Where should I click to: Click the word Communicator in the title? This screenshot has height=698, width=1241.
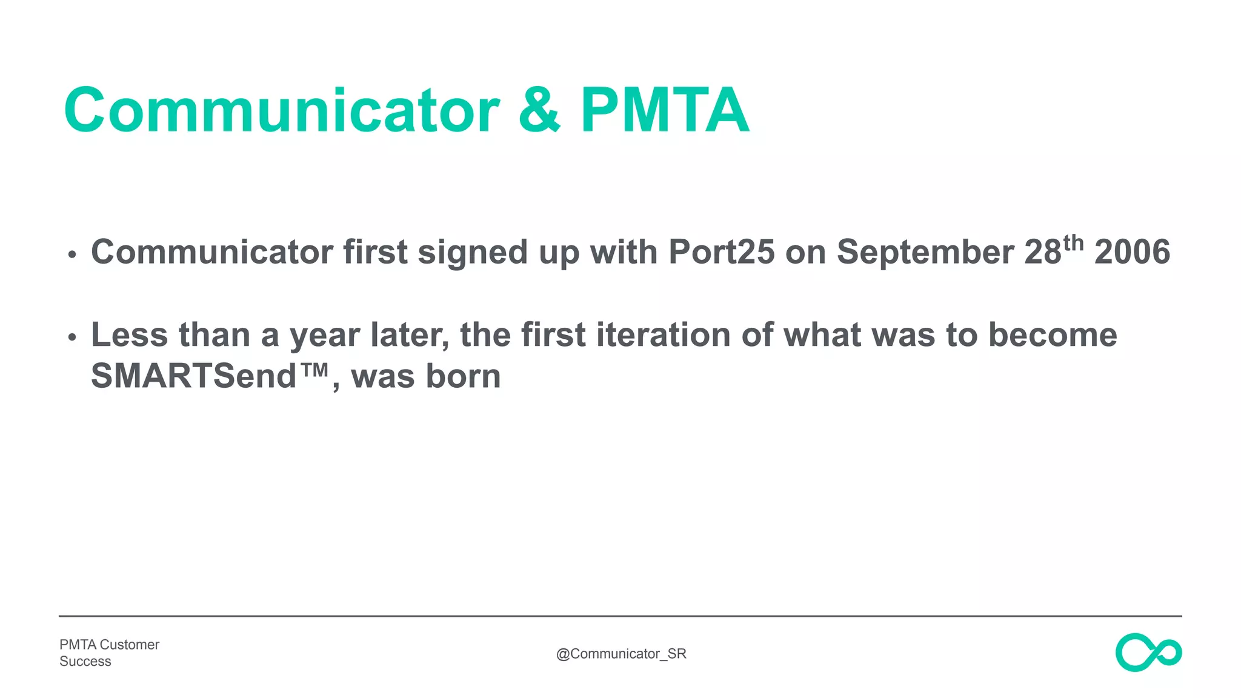coord(282,110)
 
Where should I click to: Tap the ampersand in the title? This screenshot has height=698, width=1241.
coord(539,110)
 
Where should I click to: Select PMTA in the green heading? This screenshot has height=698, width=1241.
coord(665,110)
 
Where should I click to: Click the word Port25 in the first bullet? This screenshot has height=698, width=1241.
coord(721,252)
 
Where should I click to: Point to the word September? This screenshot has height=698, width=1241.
coord(925,252)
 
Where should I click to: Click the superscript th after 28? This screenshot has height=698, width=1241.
coord(1073,243)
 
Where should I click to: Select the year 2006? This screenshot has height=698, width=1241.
coord(1132,252)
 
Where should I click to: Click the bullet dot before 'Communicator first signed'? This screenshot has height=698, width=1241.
coord(72,254)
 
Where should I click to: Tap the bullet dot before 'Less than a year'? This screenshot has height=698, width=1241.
coord(72,337)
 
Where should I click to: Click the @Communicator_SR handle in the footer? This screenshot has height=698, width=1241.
coord(621,654)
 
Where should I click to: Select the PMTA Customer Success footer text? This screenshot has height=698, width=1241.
coord(109,653)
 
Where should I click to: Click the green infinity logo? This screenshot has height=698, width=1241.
coord(1148,653)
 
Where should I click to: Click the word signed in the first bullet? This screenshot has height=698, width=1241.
coord(472,252)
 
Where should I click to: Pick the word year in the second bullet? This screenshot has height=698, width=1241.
coord(324,335)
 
